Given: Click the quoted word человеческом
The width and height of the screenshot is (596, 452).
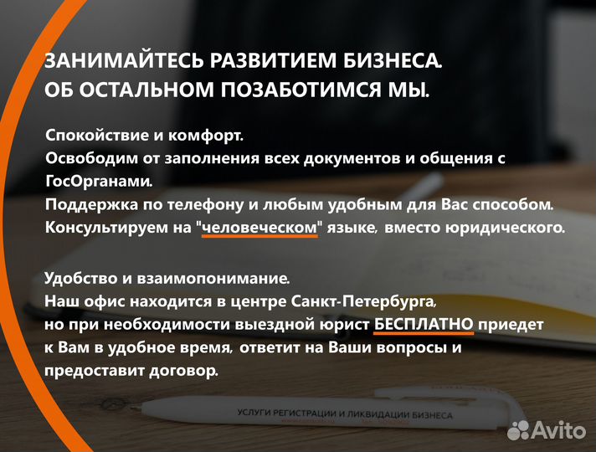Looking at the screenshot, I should [260, 227].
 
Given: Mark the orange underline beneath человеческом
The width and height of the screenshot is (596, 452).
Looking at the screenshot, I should [260, 238].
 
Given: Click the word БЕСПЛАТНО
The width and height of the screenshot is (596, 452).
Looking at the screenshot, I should [424, 323].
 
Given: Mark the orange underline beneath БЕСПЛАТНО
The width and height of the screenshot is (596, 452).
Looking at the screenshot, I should [424, 334].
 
